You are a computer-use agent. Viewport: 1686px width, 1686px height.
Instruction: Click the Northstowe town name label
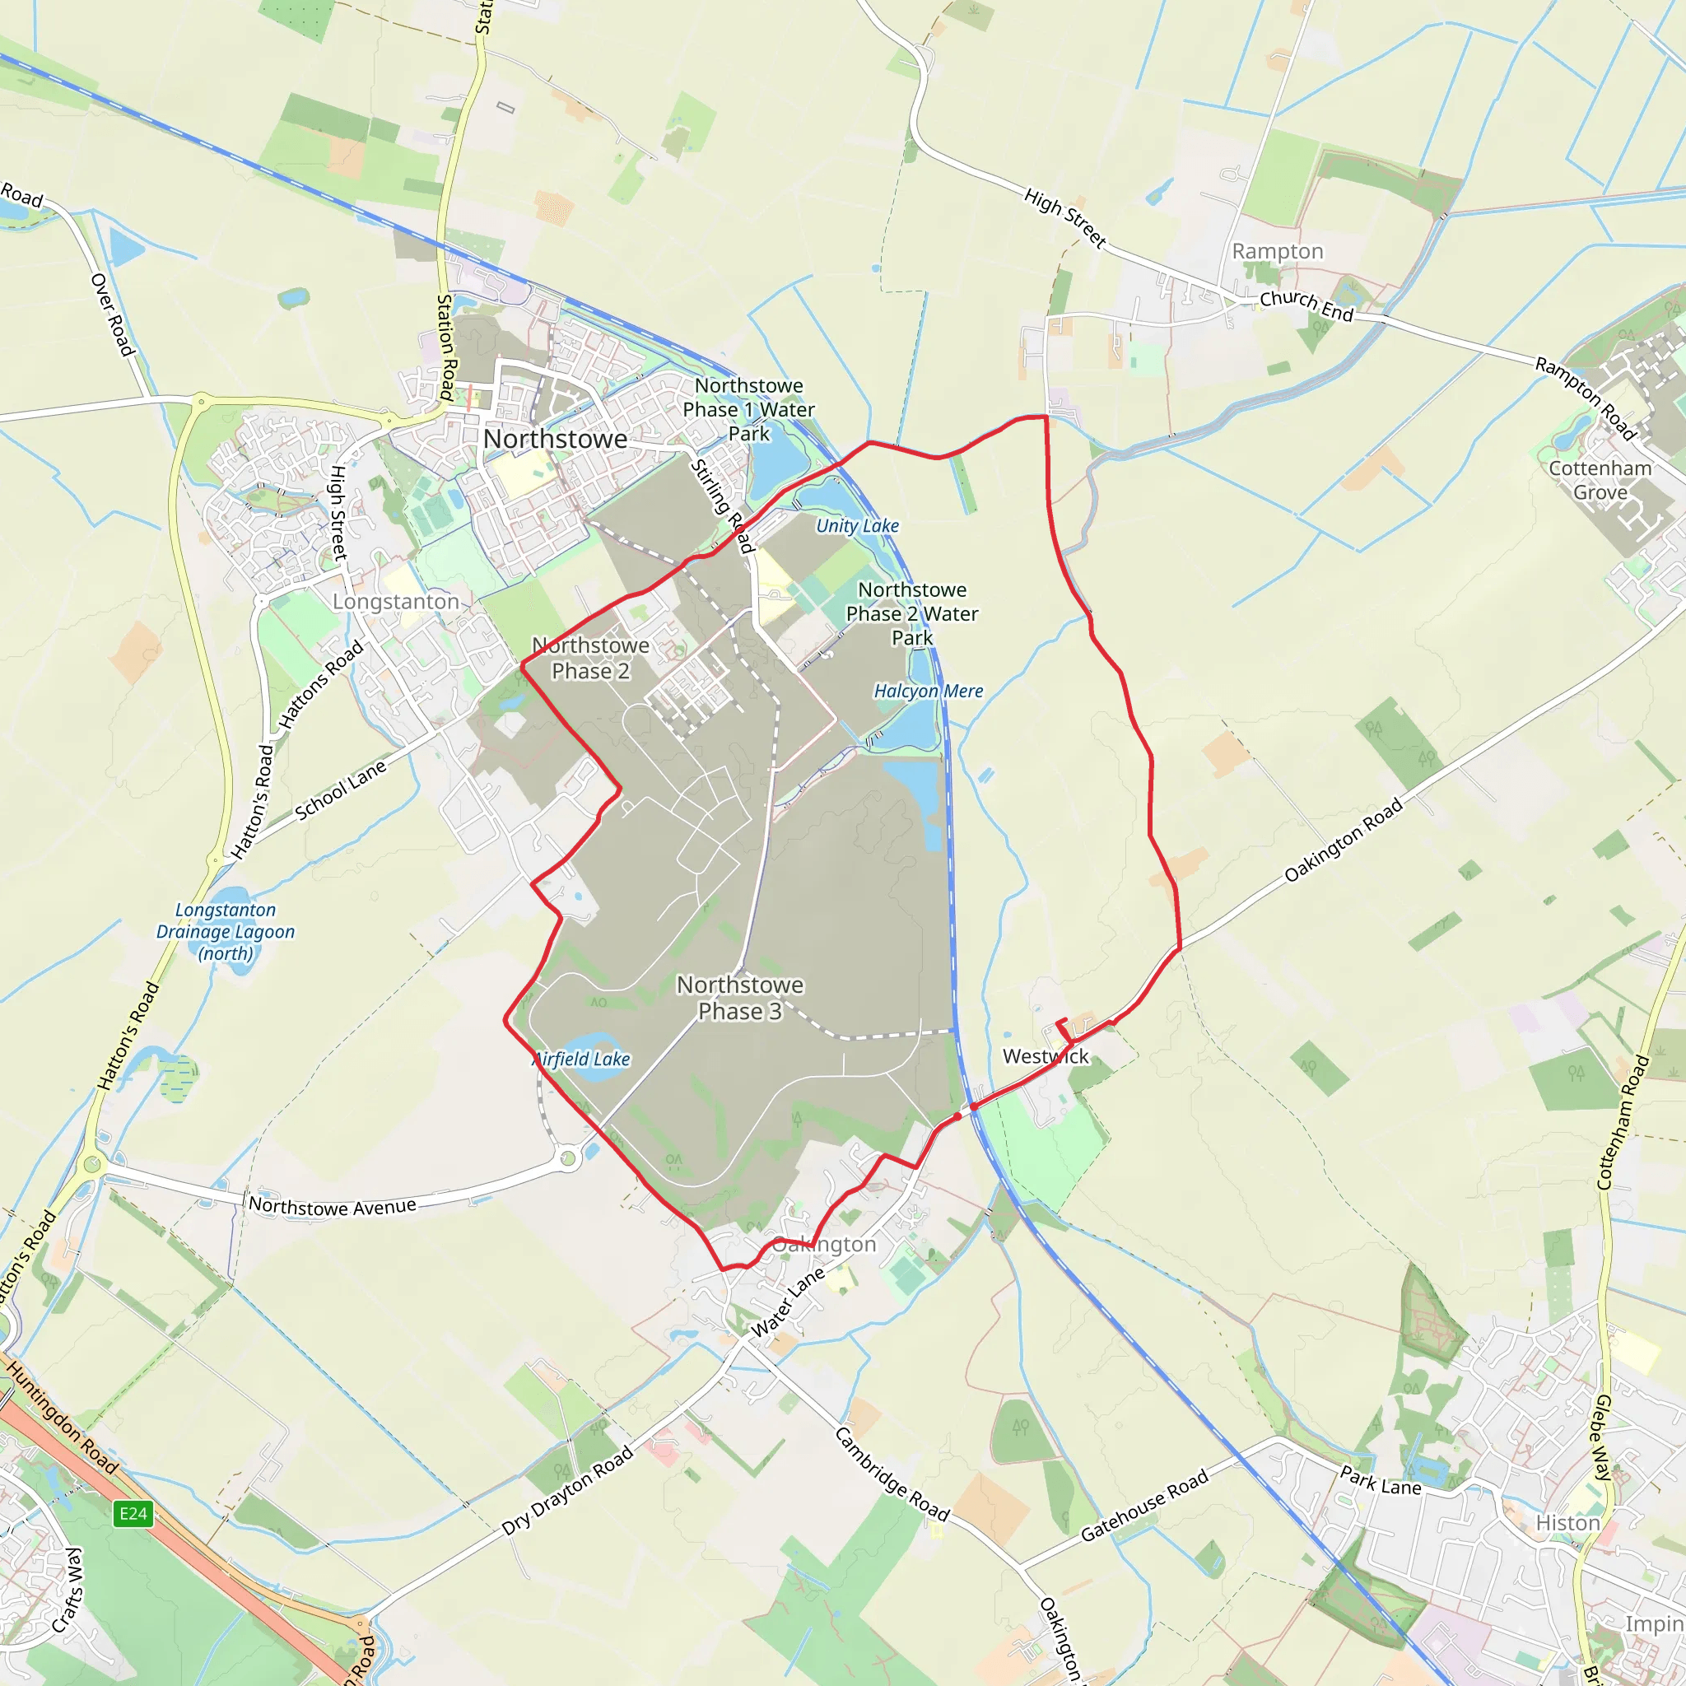click(x=555, y=439)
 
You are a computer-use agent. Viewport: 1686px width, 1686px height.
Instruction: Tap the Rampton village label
click(x=1278, y=251)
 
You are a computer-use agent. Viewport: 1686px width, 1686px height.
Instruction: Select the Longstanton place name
click(x=395, y=601)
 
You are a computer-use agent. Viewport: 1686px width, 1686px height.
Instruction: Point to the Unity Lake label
click(x=857, y=525)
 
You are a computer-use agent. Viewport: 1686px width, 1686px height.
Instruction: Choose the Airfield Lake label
click(x=582, y=1059)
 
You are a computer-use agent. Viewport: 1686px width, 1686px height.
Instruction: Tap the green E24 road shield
click(x=133, y=1513)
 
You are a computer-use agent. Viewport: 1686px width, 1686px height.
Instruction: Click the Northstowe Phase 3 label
click(x=740, y=998)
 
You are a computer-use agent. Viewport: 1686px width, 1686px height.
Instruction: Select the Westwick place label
click(x=1046, y=1056)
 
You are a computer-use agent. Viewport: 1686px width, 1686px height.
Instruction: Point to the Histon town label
click(x=1567, y=1522)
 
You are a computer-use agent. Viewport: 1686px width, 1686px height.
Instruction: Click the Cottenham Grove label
click(x=1600, y=480)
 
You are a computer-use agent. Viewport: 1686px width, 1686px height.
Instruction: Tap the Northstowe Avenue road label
click(x=333, y=1206)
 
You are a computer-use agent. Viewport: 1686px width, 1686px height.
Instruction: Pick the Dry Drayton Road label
click(x=567, y=1492)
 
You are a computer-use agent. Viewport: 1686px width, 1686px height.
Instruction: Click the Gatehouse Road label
click(x=1144, y=1505)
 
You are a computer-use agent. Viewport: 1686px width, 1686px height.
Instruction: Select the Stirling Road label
click(x=722, y=506)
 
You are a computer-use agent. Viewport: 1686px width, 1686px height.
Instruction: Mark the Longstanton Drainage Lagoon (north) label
click(x=225, y=931)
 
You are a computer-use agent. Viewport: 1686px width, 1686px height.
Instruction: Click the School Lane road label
click(x=340, y=790)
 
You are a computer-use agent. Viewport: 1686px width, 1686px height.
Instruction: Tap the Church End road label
click(x=1306, y=305)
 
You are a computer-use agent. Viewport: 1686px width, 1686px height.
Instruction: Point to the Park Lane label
click(x=1381, y=1481)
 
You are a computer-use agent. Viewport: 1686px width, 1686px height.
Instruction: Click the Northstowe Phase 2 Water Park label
click(x=912, y=613)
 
